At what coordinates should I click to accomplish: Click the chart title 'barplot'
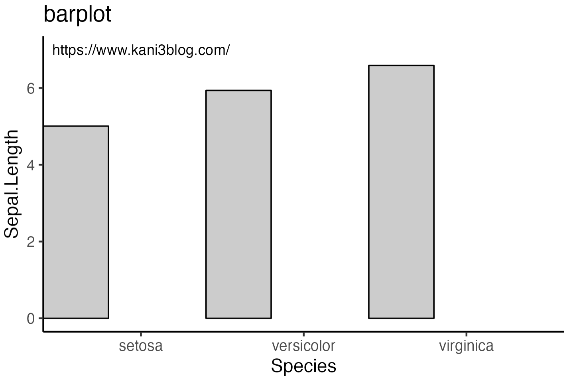77,15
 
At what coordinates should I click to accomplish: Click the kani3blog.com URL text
141,50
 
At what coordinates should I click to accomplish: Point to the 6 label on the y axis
31,89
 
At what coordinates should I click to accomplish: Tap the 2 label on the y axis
31,242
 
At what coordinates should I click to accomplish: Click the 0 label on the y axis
31,319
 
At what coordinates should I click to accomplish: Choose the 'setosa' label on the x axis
141,346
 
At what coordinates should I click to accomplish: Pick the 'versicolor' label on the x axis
303,346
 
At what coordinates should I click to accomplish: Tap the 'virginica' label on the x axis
466,346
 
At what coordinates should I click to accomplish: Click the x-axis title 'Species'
303,366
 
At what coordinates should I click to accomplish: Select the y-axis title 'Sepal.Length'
12,184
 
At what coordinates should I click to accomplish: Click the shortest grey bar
76,222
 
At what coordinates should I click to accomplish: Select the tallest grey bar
401,192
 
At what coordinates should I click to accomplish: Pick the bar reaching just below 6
238,204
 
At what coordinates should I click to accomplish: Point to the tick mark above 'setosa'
141,334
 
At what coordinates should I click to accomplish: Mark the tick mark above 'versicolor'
303,334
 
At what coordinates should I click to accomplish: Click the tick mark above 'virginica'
466,334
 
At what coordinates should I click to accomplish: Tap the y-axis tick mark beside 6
41,88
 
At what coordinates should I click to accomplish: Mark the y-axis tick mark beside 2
41,241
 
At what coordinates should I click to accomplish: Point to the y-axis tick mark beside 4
41,165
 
